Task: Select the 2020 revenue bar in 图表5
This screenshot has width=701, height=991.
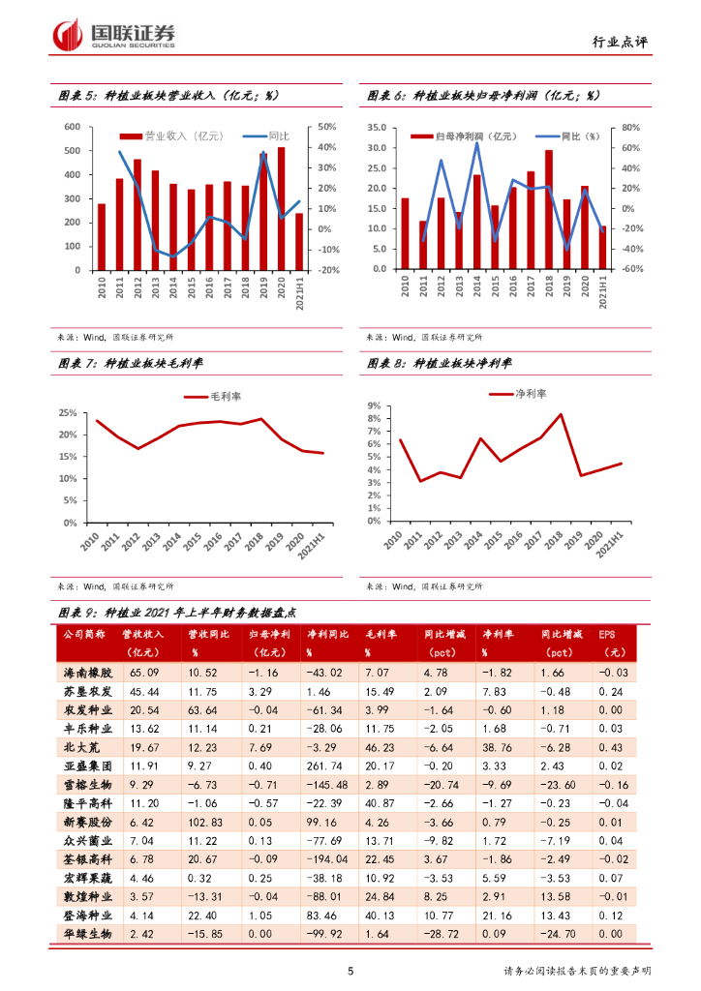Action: [282, 209]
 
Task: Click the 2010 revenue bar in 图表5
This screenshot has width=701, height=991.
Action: [102, 237]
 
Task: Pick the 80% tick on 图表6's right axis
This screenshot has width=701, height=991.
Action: [630, 127]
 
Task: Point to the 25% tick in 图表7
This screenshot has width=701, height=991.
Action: [69, 412]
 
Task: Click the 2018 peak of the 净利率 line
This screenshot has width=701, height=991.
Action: [560, 415]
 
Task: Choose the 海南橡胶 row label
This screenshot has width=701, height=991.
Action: [88, 672]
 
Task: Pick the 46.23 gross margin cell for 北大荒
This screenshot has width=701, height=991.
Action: [380, 745]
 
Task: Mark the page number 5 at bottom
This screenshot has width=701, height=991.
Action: [350, 971]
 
